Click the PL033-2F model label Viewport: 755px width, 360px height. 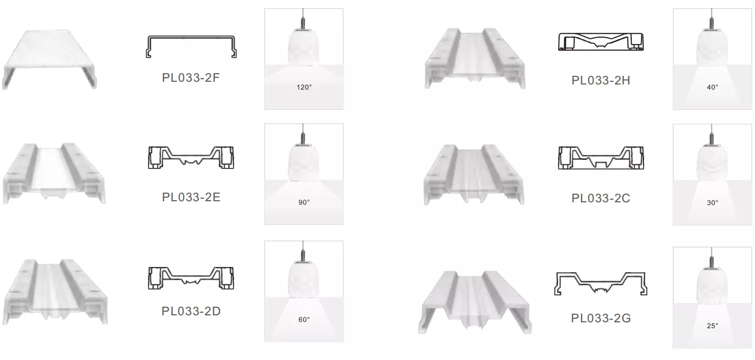pyautogui.click(x=191, y=77)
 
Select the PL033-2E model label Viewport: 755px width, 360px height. pyautogui.click(x=191, y=197)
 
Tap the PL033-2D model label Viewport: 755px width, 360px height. pyautogui.click(x=191, y=311)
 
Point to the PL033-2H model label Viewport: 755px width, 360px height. pyautogui.click(x=601, y=80)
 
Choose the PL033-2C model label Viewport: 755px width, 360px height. pyautogui.click(x=601, y=198)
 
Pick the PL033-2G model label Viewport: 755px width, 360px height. pyautogui.click(x=601, y=318)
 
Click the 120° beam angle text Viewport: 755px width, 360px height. pyautogui.click(x=304, y=87)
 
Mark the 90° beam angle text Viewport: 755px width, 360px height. pyautogui.click(x=304, y=202)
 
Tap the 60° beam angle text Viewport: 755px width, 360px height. pyautogui.click(x=304, y=320)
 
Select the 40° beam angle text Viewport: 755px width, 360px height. pyautogui.click(x=712, y=87)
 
